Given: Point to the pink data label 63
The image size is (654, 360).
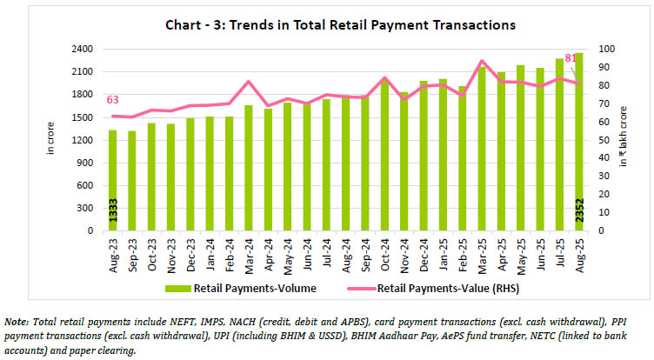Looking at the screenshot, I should coord(112,99).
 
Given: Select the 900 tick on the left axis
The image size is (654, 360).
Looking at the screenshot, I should coord(85,163).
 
